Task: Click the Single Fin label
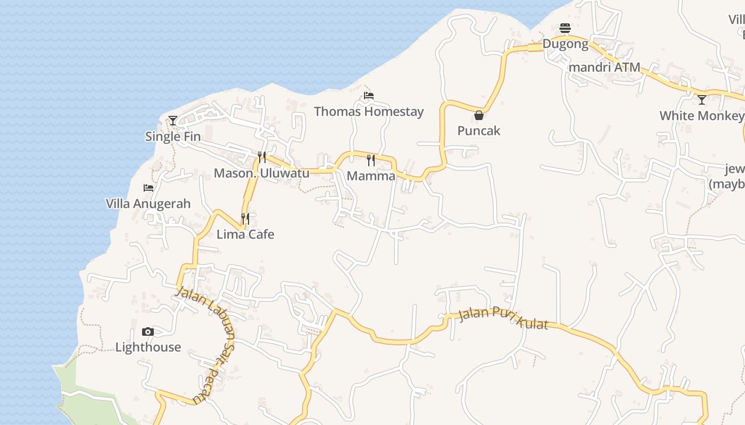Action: tap(173, 137)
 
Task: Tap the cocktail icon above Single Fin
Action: tap(173, 121)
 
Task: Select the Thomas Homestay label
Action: tap(369, 112)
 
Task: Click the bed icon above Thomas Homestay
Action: tap(369, 96)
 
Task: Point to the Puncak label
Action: tap(479, 131)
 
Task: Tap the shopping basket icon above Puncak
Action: tap(479, 115)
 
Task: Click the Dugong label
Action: tap(565, 44)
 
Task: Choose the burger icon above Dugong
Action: tap(565, 28)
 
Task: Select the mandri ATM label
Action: tap(605, 67)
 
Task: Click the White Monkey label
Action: tap(701, 116)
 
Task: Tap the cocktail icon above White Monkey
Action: tap(702, 99)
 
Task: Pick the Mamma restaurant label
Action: tap(371, 176)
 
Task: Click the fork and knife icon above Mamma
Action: tap(371, 160)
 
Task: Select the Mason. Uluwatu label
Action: tap(261, 173)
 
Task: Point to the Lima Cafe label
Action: tap(245, 234)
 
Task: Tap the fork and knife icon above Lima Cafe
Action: tap(245, 218)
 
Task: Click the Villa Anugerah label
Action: tap(148, 203)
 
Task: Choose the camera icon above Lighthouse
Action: tap(148, 332)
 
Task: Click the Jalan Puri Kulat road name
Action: tap(503, 317)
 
